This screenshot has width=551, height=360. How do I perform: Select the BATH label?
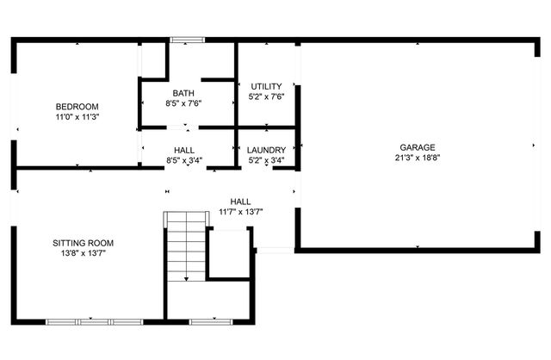click(183, 93)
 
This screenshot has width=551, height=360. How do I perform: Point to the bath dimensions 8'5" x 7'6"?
click(183, 103)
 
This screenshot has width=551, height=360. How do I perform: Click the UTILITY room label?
click(266, 87)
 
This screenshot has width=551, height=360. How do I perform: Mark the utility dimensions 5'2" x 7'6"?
click(266, 97)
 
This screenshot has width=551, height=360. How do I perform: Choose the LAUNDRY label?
click(266, 150)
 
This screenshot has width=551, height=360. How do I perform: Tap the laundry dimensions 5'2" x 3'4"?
click(266, 160)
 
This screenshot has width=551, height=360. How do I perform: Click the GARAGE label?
click(417, 147)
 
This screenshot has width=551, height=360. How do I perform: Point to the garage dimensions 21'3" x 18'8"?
click(417, 158)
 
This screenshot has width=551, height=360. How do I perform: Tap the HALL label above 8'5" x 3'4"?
click(183, 150)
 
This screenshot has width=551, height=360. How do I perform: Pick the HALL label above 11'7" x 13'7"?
click(240, 202)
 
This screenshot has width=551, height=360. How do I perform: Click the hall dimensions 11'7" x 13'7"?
click(240, 212)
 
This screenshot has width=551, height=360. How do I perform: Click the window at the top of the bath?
click(186, 39)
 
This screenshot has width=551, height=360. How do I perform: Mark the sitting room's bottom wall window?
click(92, 321)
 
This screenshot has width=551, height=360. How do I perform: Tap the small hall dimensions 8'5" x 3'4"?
click(183, 160)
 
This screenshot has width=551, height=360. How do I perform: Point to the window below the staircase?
click(207, 321)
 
